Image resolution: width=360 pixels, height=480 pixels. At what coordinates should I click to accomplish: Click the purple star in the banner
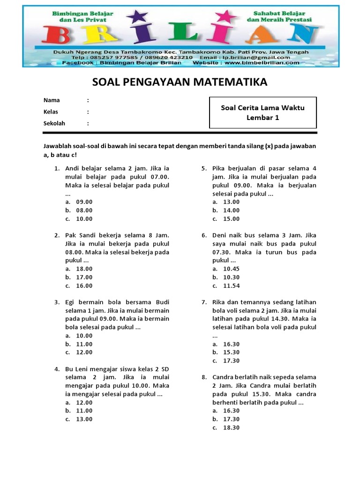pyautogui.click(x=137, y=17)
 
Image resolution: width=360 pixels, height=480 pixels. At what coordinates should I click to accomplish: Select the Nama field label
pyautogui.click(x=52, y=100)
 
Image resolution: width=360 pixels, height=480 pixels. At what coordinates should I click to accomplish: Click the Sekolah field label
pyautogui.click(x=54, y=123)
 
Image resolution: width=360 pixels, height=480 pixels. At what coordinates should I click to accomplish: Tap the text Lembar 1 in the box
pyautogui.click(x=262, y=118)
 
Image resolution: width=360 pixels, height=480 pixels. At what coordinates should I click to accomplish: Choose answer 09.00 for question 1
pyautogui.click(x=84, y=202)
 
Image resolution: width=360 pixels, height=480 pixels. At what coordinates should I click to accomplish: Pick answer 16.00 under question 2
pyautogui.click(x=84, y=285)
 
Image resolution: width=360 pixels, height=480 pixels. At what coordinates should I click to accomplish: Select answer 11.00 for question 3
pyautogui.click(x=84, y=344)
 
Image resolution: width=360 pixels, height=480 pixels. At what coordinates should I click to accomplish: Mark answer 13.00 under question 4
pyautogui.click(x=84, y=419)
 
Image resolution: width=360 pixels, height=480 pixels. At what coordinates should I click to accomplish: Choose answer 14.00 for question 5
pyautogui.click(x=231, y=210)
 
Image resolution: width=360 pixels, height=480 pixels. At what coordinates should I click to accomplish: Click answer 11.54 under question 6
pyautogui.click(x=231, y=285)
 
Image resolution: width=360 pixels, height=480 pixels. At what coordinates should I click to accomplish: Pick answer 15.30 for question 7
pyautogui.click(x=231, y=352)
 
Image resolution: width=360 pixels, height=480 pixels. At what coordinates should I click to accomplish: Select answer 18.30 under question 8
pyautogui.click(x=231, y=427)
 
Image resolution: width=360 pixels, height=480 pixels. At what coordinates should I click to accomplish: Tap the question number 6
pyautogui.click(x=204, y=235)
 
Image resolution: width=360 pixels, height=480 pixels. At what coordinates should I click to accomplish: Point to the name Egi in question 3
pyautogui.click(x=70, y=302)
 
